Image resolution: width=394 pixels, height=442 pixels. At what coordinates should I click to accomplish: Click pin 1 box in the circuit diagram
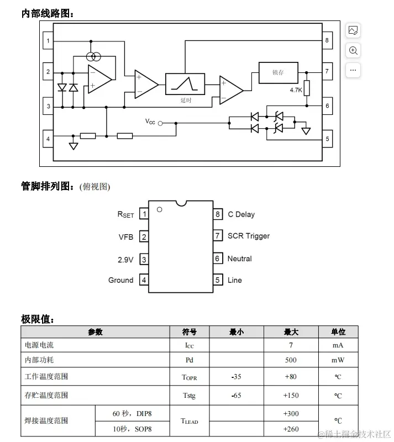click(x=48, y=41)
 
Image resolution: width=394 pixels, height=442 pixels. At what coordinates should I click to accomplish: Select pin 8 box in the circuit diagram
click(x=327, y=40)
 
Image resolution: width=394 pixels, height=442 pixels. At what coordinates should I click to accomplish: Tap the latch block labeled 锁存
click(x=278, y=72)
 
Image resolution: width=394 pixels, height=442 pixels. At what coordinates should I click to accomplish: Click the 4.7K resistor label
click(x=296, y=90)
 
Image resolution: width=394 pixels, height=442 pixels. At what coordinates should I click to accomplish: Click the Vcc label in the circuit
click(x=150, y=122)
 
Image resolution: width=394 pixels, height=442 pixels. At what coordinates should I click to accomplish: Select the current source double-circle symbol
click(x=94, y=56)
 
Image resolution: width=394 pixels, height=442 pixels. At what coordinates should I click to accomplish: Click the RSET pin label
click(x=125, y=214)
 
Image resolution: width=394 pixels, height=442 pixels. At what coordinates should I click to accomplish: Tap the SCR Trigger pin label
click(x=249, y=236)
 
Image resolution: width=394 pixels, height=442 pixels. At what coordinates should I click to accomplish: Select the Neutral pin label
click(x=239, y=259)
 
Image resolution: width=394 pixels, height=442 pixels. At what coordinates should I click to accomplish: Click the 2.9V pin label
click(x=125, y=259)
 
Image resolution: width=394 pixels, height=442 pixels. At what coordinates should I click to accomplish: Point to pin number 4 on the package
click(x=144, y=280)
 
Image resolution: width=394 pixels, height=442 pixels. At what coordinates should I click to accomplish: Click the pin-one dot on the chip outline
click(x=159, y=209)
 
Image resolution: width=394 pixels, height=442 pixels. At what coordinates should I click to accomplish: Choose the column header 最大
click(x=291, y=332)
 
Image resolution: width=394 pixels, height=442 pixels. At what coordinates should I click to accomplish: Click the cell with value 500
click(x=291, y=360)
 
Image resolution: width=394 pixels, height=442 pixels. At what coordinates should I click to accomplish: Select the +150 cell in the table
click(x=291, y=396)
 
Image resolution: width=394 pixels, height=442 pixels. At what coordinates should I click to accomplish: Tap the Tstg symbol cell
click(x=189, y=396)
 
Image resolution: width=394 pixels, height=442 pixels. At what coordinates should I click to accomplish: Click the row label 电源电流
click(x=39, y=345)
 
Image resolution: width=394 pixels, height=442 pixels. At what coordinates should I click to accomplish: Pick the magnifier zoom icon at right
click(x=353, y=50)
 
